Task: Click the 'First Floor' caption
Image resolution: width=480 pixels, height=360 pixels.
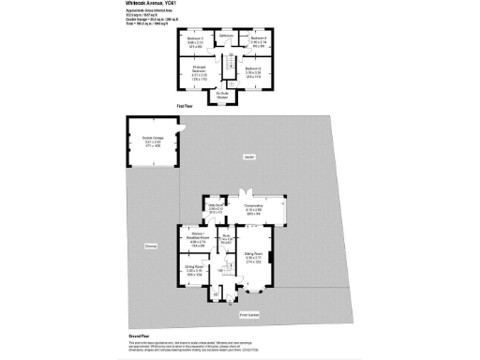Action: (x=185, y=108)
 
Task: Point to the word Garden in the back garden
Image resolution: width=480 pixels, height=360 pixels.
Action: (x=248, y=155)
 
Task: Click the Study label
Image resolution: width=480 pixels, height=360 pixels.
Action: (x=226, y=238)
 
